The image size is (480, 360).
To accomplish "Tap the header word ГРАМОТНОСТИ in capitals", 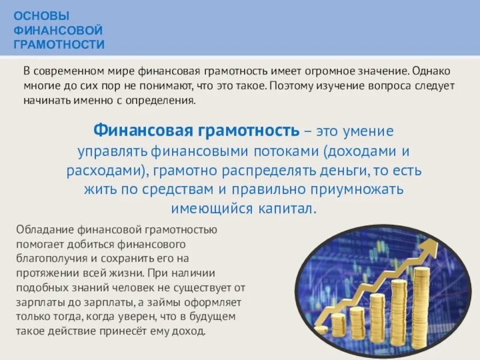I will click(59, 44).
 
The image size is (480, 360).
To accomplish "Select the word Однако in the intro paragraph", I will click(434, 71).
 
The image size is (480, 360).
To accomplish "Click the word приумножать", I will click(359, 190).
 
